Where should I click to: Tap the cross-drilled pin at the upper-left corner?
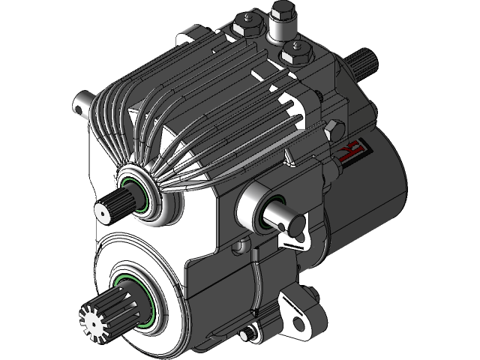(80, 105)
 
